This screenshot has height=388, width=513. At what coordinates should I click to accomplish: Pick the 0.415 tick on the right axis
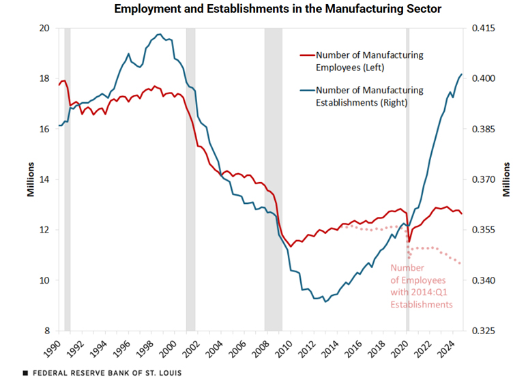pos(482,28)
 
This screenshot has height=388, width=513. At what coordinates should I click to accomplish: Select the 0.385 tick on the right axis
pos(482,129)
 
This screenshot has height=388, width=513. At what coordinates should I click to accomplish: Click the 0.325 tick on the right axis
pos(482,331)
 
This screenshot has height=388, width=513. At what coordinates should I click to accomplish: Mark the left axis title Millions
pos(31,179)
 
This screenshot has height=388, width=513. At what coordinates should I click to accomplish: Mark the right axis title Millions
pos(506,179)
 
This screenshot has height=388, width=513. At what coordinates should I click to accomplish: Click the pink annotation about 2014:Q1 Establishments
pos(422,286)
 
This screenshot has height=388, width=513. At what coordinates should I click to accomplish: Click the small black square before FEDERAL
pos(25,374)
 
